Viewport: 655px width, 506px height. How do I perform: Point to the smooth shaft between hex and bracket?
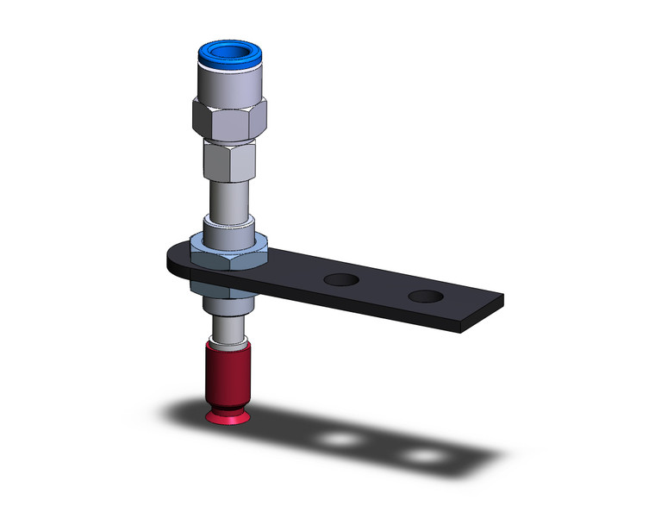tap(229, 196)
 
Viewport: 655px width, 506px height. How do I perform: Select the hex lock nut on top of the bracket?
tap(228, 255)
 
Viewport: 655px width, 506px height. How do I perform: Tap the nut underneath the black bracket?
tap(226, 289)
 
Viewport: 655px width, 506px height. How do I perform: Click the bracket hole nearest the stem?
tap(342, 280)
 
